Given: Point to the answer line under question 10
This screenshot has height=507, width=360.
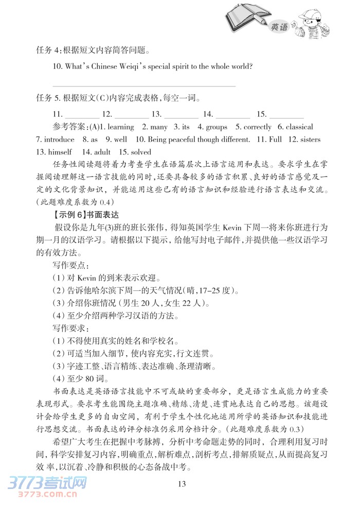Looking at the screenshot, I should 144,86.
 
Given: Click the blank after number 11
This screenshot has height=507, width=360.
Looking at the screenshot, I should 82,114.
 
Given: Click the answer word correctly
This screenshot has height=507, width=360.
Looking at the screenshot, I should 257,127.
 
